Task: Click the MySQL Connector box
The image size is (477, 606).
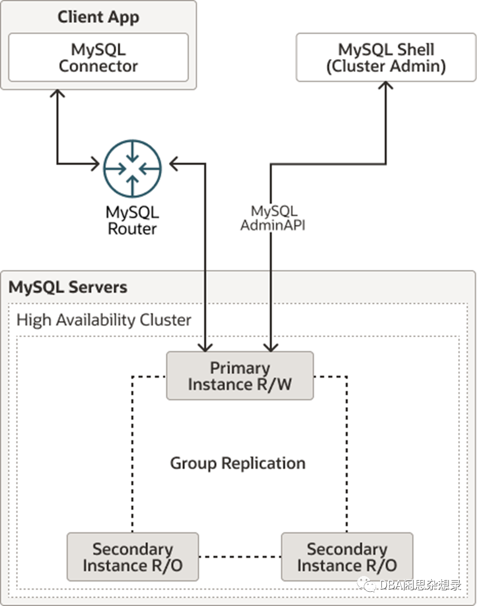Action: click(98, 58)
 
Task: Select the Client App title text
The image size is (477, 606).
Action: click(98, 17)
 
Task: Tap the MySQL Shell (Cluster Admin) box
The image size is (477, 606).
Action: click(386, 58)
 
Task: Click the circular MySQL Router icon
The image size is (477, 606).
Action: click(132, 168)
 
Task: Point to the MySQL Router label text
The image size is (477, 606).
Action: click(132, 220)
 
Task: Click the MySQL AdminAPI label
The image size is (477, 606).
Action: click(273, 218)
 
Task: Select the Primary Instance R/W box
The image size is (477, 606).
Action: click(240, 376)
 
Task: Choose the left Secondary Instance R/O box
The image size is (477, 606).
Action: click(132, 557)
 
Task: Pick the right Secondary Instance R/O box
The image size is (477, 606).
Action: click(347, 557)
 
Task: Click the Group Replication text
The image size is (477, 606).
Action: click(238, 463)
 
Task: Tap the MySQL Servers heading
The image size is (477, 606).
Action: click(68, 287)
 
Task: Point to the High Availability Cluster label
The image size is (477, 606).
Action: click(104, 320)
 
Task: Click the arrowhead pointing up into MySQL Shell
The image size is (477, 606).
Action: click(386, 86)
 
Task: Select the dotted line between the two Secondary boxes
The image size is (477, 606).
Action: click(240, 557)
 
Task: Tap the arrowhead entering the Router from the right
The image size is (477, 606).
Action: click(174, 164)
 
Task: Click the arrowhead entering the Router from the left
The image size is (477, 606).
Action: click(95, 164)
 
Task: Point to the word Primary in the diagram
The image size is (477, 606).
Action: click(240, 368)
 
